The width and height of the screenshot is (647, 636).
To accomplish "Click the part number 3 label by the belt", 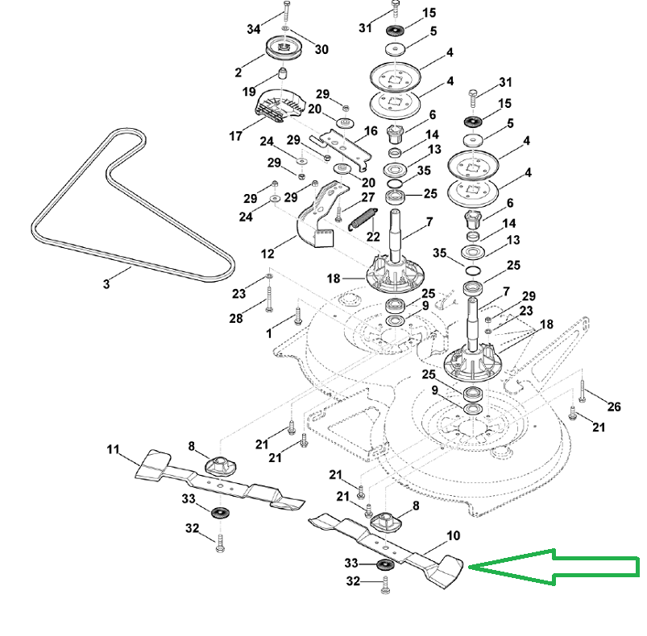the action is pos(106,284).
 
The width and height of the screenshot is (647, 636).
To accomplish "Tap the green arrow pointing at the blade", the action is pos(554,567).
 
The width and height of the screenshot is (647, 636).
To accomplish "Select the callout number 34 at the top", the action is pos(254,29).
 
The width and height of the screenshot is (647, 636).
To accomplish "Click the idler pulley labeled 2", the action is pos(284,47).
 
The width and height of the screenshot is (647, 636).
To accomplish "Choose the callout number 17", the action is pos(235,136).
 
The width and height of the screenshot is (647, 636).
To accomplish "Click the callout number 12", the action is pos(268,254).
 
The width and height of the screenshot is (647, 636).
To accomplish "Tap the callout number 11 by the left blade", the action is pos(113,449).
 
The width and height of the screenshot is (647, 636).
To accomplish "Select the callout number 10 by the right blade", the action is pos(453,535).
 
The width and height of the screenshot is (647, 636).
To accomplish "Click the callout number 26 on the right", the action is pos(614,407).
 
